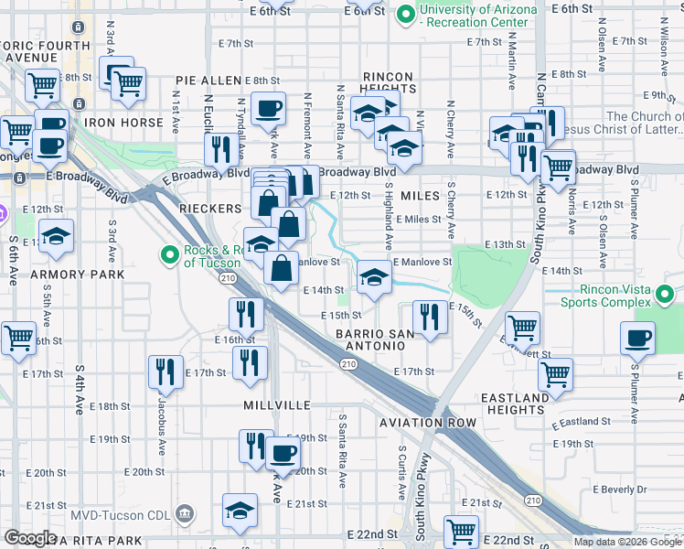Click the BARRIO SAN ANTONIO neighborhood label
pyautogui.click(x=370, y=339)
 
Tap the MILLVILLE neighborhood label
pyautogui.click(x=277, y=404)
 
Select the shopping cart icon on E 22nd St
pyautogui.click(x=461, y=530)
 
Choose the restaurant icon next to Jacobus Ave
pyautogui.click(x=166, y=370)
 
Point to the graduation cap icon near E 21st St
pyautogui.click(x=240, y=509)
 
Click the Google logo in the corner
pyautogui.click(x=30, y=538)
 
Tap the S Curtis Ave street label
pyautogui.click(x=401, y=471)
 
